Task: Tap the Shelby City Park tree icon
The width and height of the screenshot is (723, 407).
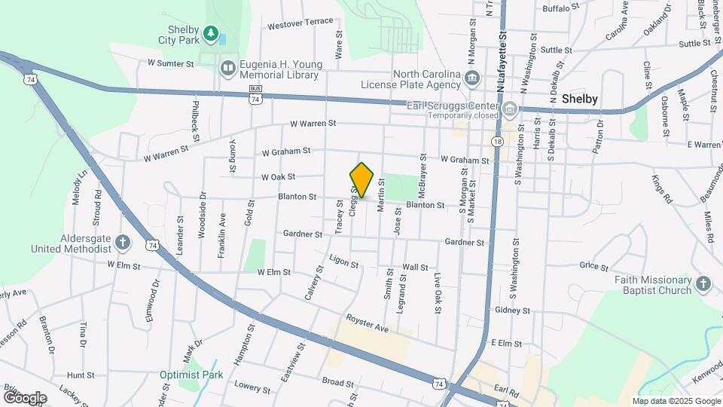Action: pos(212,34)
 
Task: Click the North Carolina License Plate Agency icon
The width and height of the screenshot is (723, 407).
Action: pos(472,78)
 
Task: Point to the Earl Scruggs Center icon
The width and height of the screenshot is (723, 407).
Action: pos(510,109)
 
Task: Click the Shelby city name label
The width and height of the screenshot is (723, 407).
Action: pos(580,99)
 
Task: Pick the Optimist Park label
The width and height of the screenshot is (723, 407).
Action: pos(191,374)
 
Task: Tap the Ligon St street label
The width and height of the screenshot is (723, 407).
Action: pos(344,261)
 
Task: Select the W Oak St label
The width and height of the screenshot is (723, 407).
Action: pos(278,177)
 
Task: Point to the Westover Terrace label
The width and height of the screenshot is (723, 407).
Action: pos(300,23)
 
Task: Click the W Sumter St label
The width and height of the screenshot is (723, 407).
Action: pos(171,63)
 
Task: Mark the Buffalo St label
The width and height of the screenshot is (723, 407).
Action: pos(561,8)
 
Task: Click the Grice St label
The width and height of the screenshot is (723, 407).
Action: pos(593,265)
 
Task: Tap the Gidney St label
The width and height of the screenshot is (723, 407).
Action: pos(513,310)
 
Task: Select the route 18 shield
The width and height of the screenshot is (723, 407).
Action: pos(497,142)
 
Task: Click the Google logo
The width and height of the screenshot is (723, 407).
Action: pos(25,397)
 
